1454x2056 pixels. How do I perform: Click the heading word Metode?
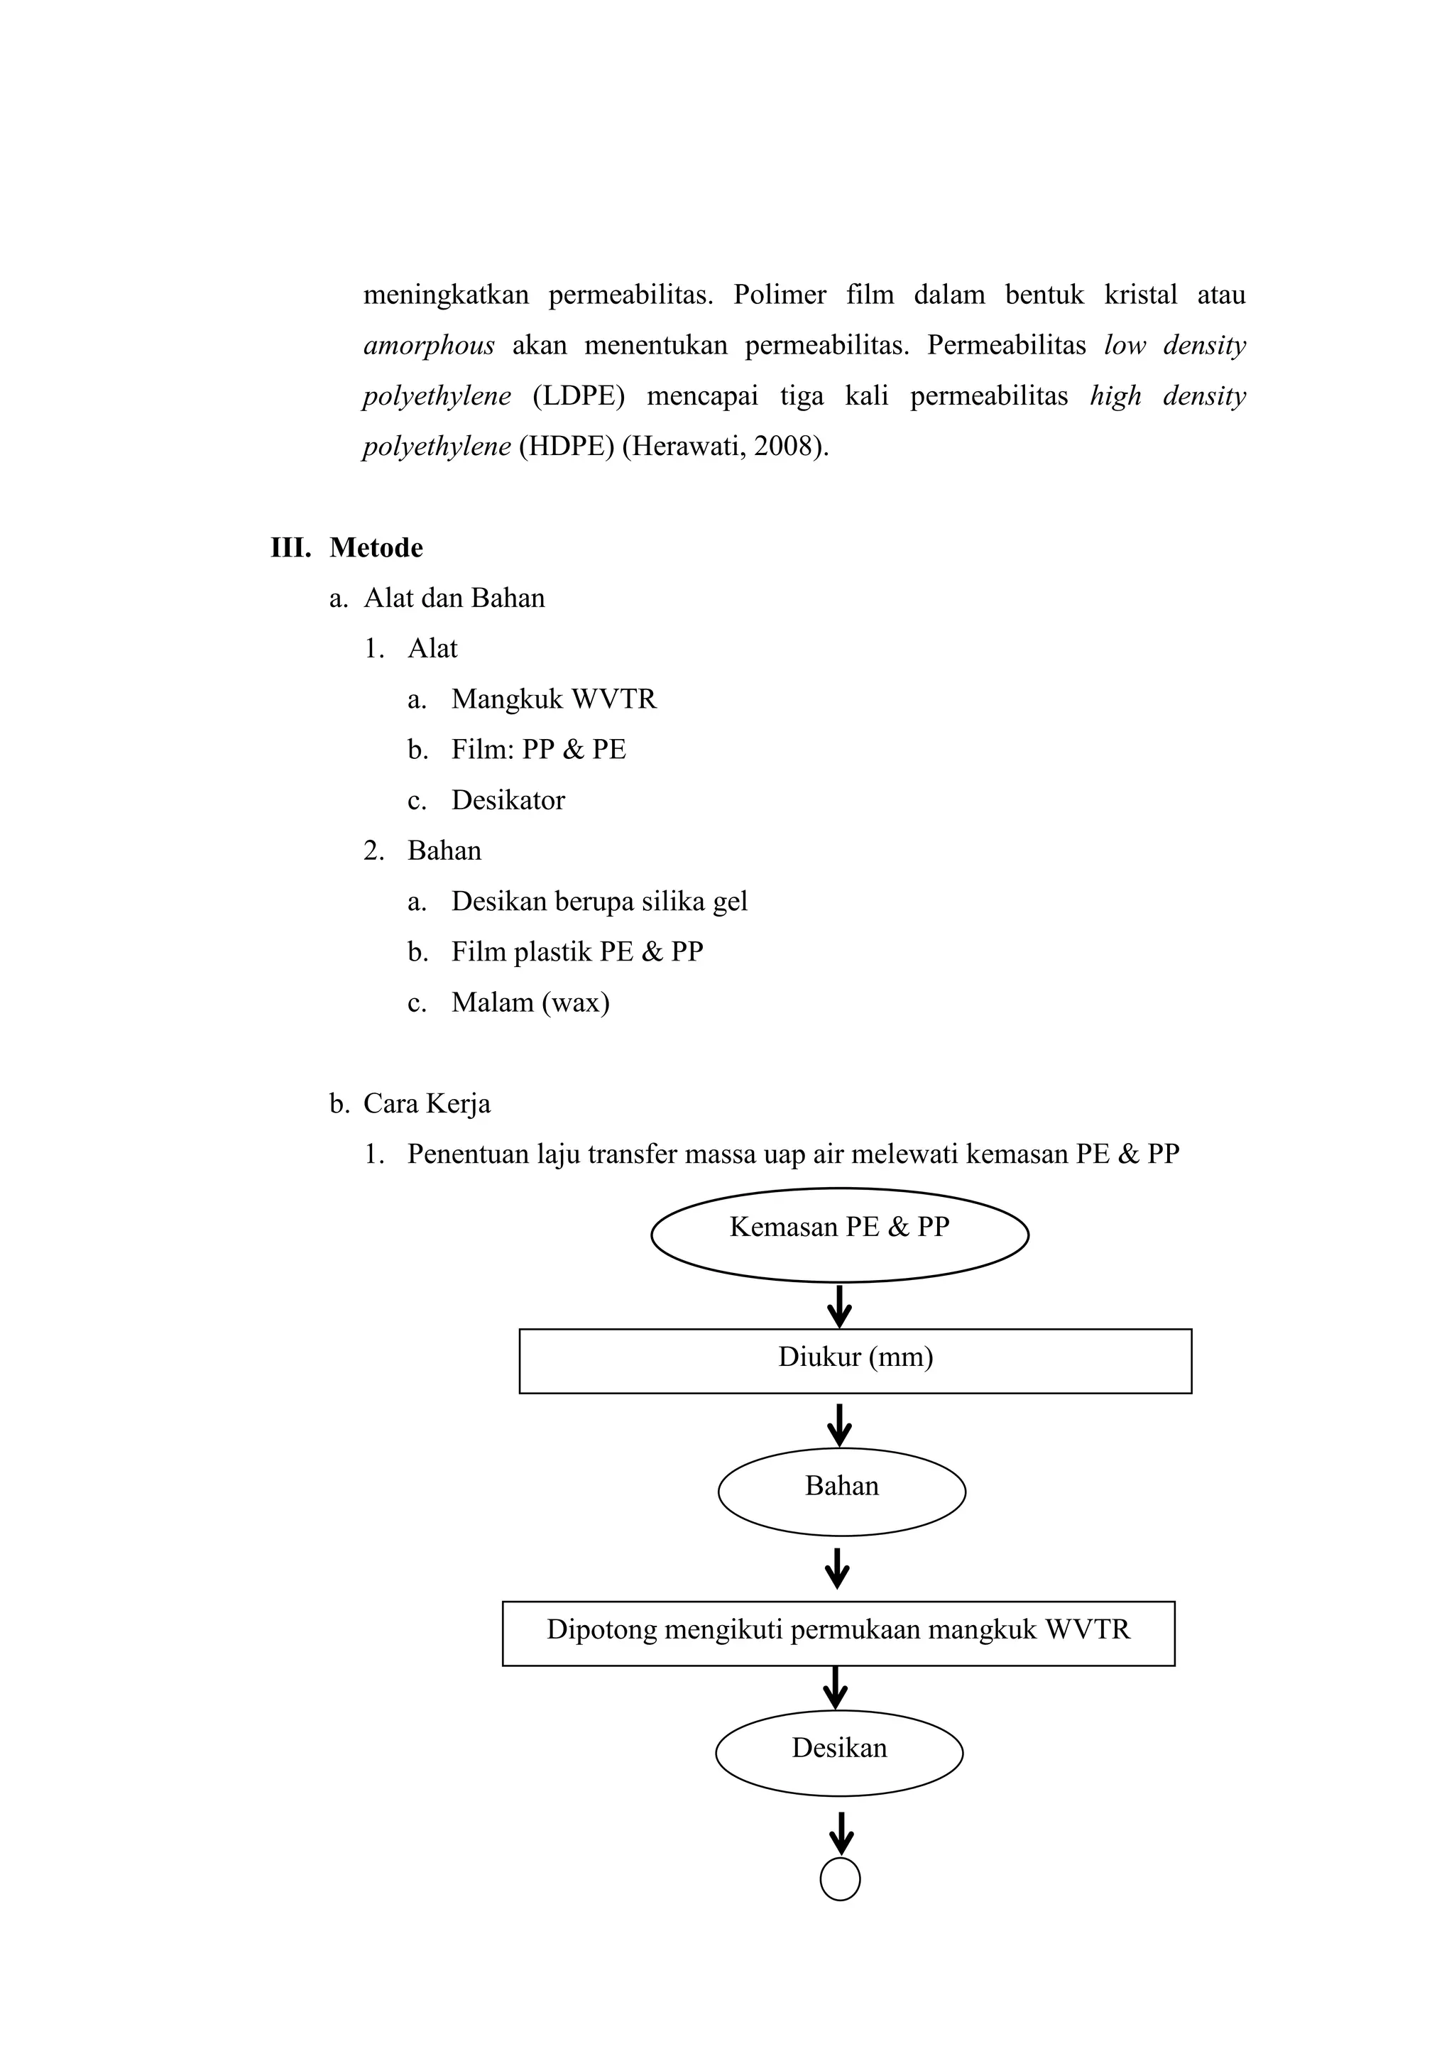(376, 547)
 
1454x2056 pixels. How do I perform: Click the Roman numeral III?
(290, 547)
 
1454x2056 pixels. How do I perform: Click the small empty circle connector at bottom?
(840, 1880)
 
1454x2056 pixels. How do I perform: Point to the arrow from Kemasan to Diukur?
(839, 1306)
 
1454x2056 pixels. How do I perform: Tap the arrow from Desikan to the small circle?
(840, 1832)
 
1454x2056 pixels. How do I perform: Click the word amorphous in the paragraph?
(429, 346)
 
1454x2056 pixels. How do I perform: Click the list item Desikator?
(508, 799)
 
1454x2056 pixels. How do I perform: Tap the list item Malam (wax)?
(530, 1002)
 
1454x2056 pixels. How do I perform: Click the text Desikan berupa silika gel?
(599, 901)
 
